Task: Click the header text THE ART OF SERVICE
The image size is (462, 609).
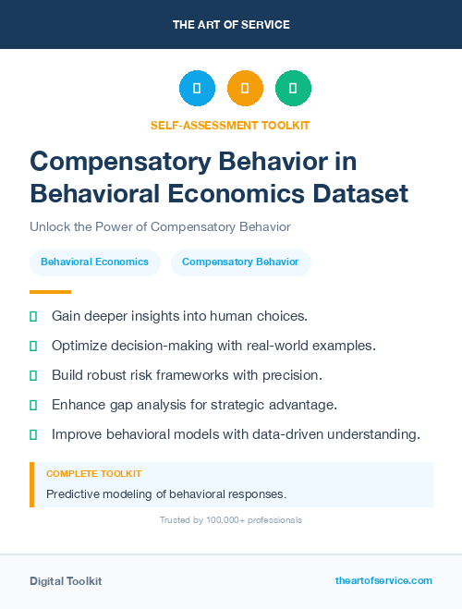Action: pyautogui.click(x=231, y=25)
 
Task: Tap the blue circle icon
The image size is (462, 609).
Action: pyautogui.click(x=197, y=89)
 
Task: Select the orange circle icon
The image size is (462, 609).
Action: pyautogui.click(x=245, y=89)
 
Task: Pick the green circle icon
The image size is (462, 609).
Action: pyautogui.click(x=293, y=89)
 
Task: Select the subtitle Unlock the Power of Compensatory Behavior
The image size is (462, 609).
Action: pyautogui.click(x=160, y=226)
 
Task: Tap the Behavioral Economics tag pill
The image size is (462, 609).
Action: pyautogui.click(x=94, y=262)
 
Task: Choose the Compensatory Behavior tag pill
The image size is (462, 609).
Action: pyautogui.click(x=240, y=262)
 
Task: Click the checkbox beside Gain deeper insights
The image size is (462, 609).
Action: pyautogui.click(x=33, y=316)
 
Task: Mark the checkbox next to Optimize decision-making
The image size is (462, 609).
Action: pyautogui.click(x=33, y=346)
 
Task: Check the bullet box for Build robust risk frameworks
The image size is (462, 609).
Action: pyautogui.click(x=33, y=375)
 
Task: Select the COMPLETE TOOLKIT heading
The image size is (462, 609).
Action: pyautogui.click(x=93, y=473)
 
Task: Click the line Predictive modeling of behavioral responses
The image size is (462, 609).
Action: pyautogui.click(x=166, y=494)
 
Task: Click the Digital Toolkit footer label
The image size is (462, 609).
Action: pyautogui.click(x=66, y=580)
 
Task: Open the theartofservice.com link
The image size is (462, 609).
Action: pyautogui.click(x=383, y=580)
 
